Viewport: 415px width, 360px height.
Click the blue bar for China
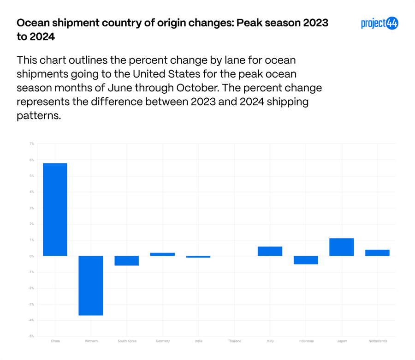pyautogui.click(x=55, y=210)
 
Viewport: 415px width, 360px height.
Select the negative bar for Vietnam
pyautogui.click(x=91, y=285)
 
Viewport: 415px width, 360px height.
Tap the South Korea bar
pyautogui.click(x=127, y=261)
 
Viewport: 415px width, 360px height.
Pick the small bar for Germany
pyautogui.click(x=162, y=254)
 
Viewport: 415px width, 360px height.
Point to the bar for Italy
pyautogui.click(x=270, y=251)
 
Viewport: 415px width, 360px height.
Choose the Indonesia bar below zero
pyautogui.click(x=306, y=260)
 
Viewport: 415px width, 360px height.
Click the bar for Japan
pyautogui.click(x=342, y=247)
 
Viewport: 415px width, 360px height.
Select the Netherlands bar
pyautogui.click(x=377, y=253)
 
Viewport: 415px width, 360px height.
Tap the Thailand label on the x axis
pyautogui.click(x=234, y=341)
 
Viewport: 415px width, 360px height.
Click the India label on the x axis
pyautogui.click(x=198, y=341)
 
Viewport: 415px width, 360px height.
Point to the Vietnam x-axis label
pyautogui.click(x=91, y=341)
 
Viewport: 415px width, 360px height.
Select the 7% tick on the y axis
pyautogui.click(x=32, y=144)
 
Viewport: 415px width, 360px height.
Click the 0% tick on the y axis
pyautogui.click(x=32, y=256)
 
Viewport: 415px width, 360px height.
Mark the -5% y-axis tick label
pyautogui.click(x=31, y=336)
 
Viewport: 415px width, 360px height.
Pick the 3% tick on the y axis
pyautogui.click(x=32, y=208)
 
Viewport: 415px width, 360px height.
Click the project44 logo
pyautogui.click(x=379, y=24)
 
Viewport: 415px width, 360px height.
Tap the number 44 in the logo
pyautogui.click(x=391, y=24)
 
